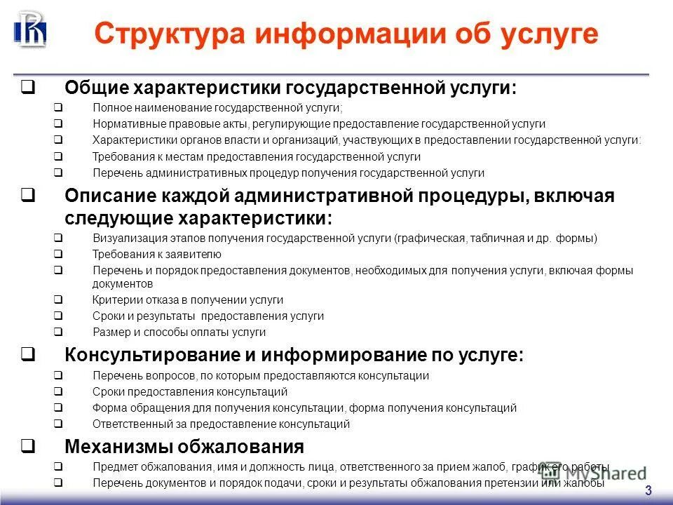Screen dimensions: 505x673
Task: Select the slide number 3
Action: point(648,490)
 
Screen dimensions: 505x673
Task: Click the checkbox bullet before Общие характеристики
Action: point(29,88)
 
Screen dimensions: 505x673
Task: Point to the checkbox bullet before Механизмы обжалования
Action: point(29,446)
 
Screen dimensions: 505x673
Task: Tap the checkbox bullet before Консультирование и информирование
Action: point(29,355)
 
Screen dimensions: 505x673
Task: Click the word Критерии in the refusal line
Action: point(114,300)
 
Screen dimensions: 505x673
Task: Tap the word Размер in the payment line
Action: point(109,332)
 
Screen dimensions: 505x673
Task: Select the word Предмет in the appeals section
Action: point(112,467)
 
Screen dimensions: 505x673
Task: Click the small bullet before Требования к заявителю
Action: point(58,255)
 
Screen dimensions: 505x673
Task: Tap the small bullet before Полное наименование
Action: point(58,108)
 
